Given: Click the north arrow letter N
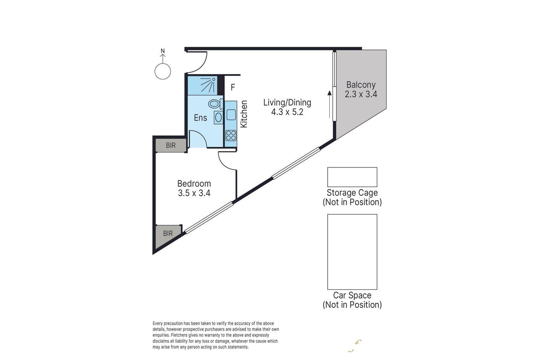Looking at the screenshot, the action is (x=163, y=51).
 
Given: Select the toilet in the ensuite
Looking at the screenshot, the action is (x=215, y=104).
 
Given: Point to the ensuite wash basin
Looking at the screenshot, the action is (x=218, y=117).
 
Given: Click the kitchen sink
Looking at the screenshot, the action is (x=231, y=114).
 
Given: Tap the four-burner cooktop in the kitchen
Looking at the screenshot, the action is (x=231, y=135).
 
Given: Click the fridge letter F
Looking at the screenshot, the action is (x=233, y=87).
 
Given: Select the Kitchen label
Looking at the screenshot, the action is (x=244, y=114).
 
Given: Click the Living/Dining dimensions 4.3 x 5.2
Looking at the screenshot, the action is (x=287, y=112).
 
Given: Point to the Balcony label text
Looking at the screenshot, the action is (x=361, y=85).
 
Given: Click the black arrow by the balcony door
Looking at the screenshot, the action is (x=329, y=104).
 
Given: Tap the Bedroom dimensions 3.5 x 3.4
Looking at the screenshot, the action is (x=194, y=193).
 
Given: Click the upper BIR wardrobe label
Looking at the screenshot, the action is (x=171, y=145).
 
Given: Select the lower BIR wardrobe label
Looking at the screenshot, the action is (x=168, y=233).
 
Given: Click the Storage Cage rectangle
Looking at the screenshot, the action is (x=352, y=177).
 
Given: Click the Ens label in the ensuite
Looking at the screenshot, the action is (x=200, y=118).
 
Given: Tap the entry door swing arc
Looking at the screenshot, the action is (x=204, y=66).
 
